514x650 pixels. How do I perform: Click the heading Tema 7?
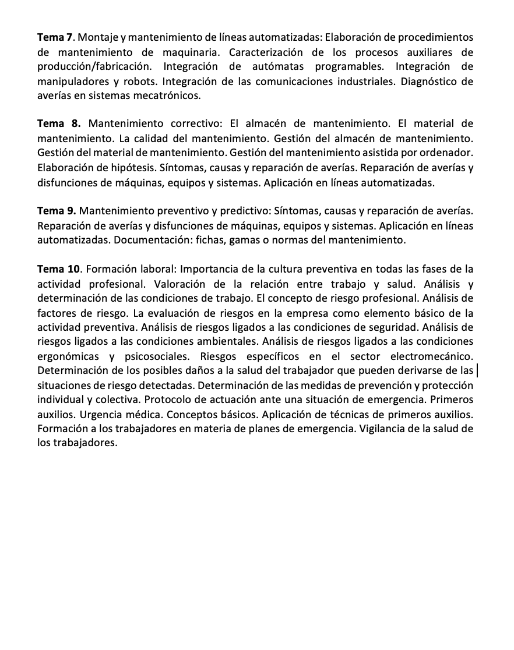[55, 38]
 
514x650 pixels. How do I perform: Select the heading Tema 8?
[58, 123]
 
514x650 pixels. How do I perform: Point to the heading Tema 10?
[61, 269]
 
